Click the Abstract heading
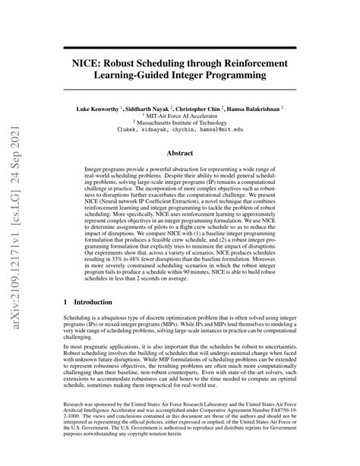(x=180, y=153)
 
